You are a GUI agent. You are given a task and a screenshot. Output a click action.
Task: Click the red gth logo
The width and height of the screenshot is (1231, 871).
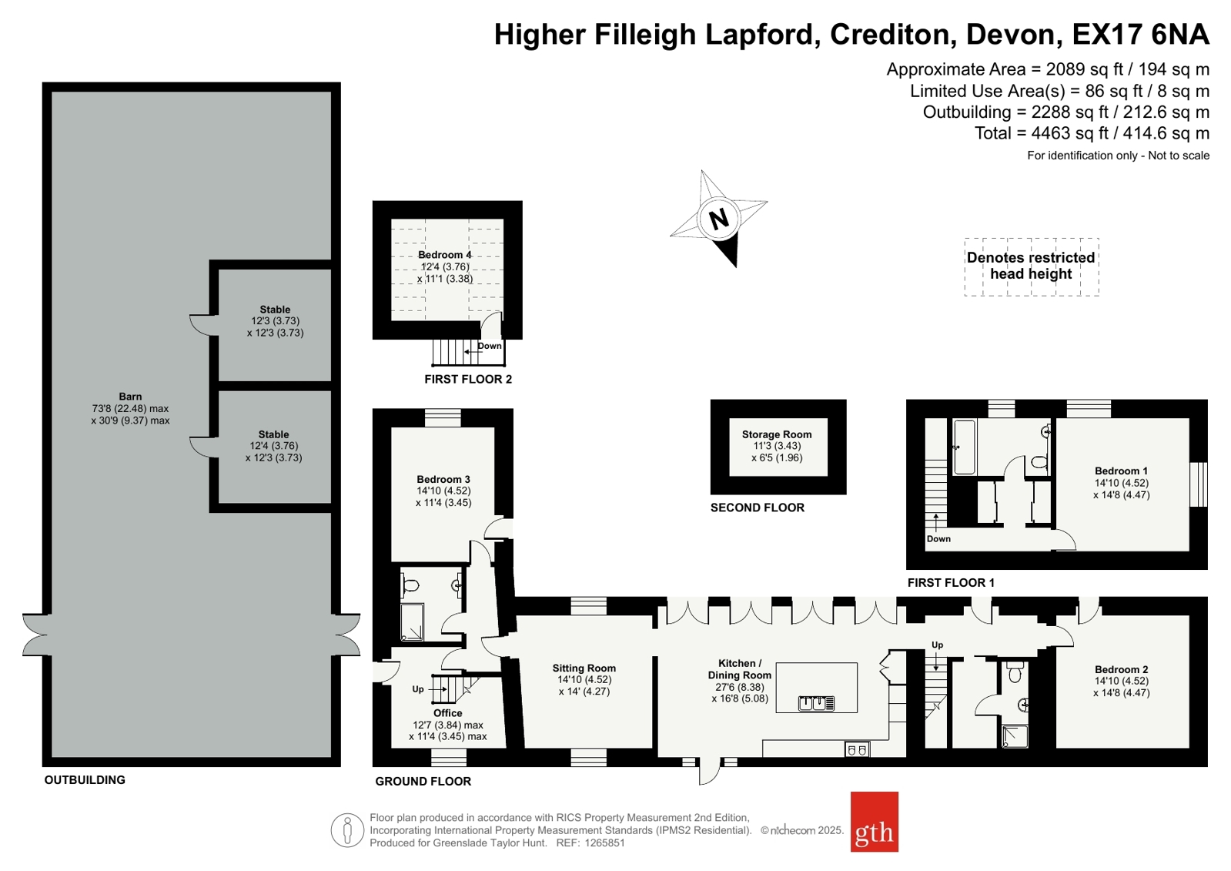click(x=875, y=822)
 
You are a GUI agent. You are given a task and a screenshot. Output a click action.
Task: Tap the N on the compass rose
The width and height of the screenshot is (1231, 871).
click(x=718, y=219)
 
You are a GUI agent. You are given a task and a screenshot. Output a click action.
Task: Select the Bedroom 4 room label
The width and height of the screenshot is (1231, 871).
click(x=444, y=255)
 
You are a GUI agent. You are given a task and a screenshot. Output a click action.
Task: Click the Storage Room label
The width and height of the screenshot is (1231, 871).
click(x=777, y=434)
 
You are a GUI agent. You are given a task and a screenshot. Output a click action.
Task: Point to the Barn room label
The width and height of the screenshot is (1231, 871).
click(x=130, y=397)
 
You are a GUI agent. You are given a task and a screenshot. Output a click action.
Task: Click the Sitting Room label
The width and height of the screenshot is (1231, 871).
click(x=584, y=668)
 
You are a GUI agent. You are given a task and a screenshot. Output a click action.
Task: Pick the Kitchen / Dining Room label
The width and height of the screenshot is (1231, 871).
click(x=740, y=668)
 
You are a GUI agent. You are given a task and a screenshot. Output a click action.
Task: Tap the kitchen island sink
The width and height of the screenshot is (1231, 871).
click(x=816, y=703)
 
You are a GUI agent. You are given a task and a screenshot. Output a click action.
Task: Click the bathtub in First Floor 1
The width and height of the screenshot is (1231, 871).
click(x=965, y=447)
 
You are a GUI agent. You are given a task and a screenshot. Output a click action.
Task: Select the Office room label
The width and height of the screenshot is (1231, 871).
click(x=448, y=712)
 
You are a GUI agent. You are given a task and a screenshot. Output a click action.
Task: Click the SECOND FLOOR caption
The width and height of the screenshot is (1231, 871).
click(x=758, y=508)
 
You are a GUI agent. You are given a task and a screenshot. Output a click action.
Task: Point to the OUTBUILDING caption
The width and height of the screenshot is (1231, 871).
click(x=85, y=779)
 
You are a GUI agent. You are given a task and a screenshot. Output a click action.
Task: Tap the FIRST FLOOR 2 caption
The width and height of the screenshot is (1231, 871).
click(x=468, y=379)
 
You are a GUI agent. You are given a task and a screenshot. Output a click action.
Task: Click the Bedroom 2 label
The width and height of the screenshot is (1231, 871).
click(x=1121, y=669)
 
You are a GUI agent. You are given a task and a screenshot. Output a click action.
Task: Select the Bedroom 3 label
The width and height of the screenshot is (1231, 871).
click(x=443, y=480)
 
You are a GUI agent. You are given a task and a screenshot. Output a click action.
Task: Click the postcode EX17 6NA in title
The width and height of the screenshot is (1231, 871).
click(x=1140, y=34)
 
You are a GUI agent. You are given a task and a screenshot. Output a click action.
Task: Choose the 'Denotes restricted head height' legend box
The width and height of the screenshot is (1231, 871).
click(x=1032, y=266)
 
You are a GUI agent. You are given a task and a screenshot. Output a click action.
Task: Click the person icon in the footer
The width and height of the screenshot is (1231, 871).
click(x=347, y=830)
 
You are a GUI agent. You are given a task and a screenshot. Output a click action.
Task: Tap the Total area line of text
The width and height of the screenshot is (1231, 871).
click(x=1092, y=133)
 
